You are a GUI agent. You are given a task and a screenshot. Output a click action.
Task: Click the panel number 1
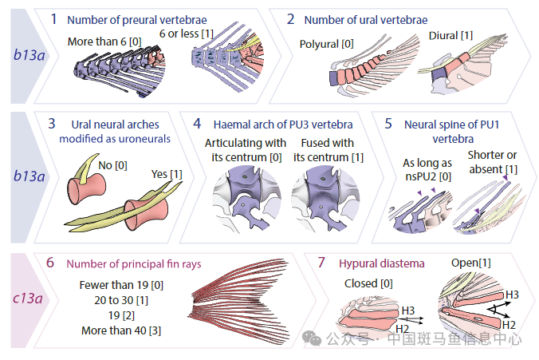point(53,18)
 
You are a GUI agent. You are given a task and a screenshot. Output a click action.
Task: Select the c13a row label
point(28,299)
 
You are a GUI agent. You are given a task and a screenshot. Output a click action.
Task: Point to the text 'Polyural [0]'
point(326,43)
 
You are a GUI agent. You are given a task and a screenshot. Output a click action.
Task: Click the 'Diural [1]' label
point(450,36)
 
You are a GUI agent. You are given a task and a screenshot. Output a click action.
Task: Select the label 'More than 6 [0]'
point(100,42)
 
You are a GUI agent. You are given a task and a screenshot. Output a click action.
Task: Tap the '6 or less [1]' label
point(187,34)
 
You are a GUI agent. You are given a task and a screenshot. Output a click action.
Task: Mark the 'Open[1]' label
point(472,263)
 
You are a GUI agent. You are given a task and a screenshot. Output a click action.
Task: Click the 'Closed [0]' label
point(368,283)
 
